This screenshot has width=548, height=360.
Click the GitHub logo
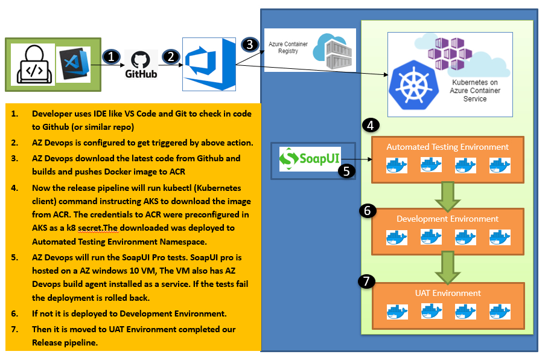(141, 63)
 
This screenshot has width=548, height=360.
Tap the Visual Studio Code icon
(74, 64)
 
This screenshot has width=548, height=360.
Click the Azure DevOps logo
(209, 64)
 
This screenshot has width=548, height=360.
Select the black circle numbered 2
(171, 56)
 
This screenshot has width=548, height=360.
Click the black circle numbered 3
(249, 44)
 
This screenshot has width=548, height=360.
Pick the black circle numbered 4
(372, 126)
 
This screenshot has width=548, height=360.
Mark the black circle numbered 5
(346, 171)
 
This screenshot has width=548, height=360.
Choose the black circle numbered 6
(368, 210)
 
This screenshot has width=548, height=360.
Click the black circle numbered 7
(366, 281)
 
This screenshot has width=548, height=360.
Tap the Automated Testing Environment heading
(447, 147)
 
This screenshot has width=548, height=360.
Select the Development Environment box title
(447, 219)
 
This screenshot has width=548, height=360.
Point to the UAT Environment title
(447, 293)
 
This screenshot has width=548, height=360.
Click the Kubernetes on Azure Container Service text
(475, 90)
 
